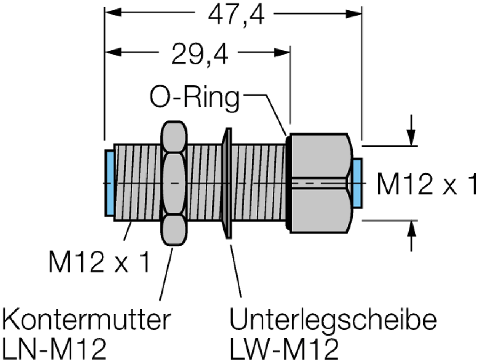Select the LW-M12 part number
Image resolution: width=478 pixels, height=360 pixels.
pyautogui.click(x=285, y=349)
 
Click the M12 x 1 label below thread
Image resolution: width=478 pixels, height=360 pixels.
pyautogui.click(x=99, y=262)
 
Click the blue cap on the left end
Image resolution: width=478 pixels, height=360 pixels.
pyautogui.click(x=110, y=183)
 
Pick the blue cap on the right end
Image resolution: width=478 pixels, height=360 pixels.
pyautogui.click(x=357, y=183)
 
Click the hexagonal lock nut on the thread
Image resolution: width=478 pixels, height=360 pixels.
pyautogui.click(x=173, y=183)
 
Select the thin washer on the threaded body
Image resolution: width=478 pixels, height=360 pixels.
pyautogui.click(x=227, y=183)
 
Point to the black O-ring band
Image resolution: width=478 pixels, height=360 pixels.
pyautogui.click(x=288, y=183)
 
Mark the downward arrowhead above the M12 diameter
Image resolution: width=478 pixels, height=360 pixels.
pyautogui.click(x=411, y=138)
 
